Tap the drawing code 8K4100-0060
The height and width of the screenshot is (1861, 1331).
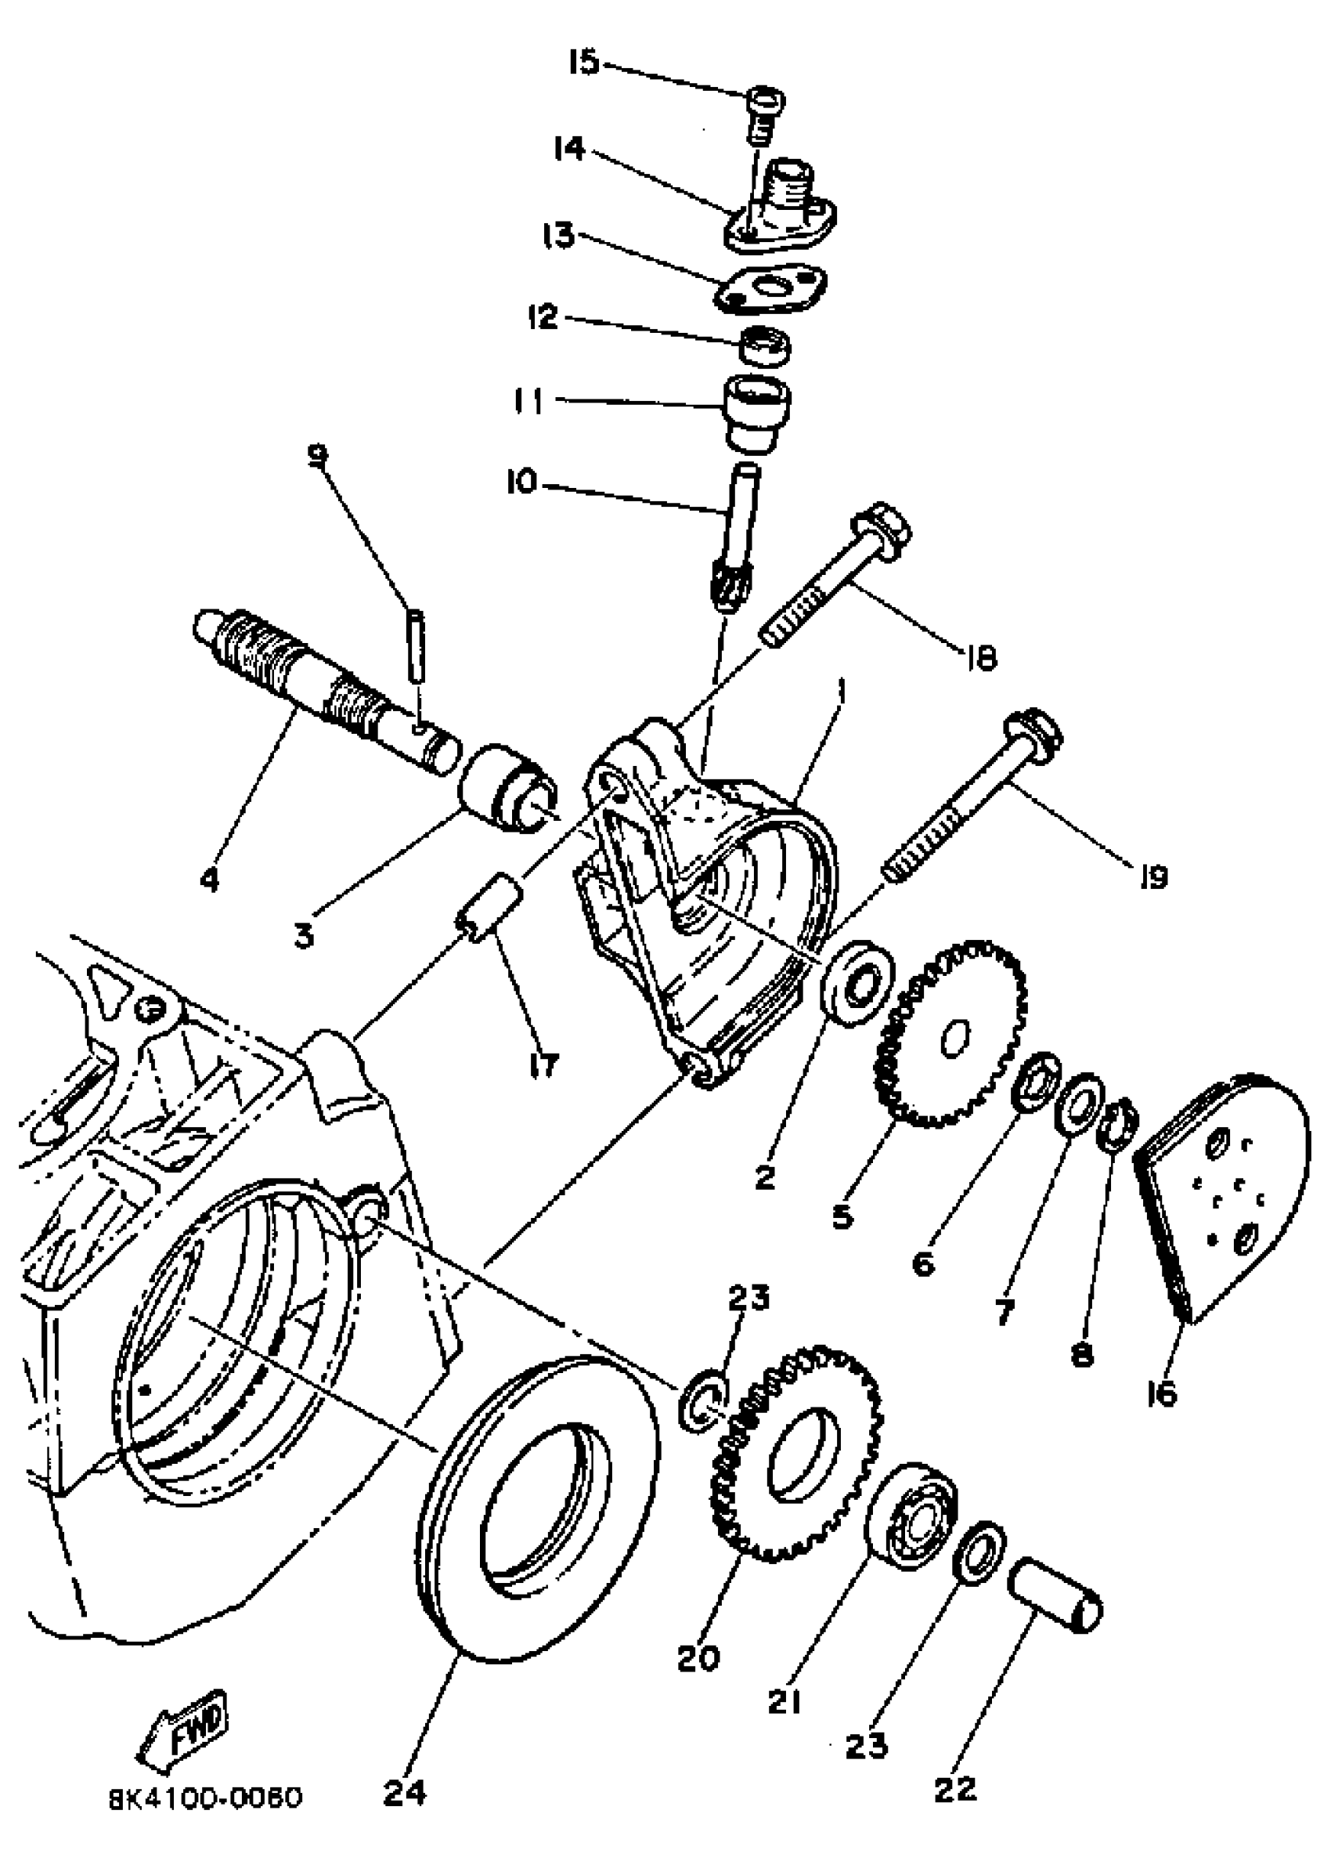206,1798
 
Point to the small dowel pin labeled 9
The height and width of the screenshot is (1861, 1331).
416,646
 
